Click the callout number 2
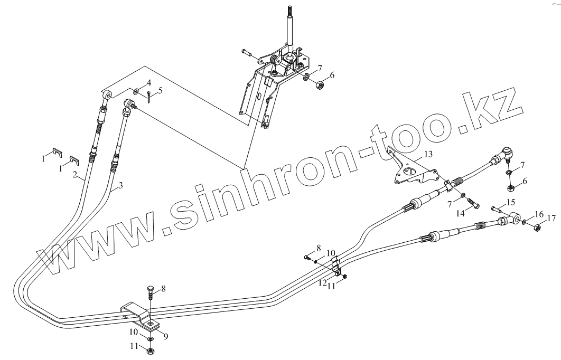[76, 175]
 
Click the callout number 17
[551, 219]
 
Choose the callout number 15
[510, 202]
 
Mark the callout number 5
[161, 90]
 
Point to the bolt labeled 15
[497, 209]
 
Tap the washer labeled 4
[136, 91]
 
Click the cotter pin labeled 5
[149, 97]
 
